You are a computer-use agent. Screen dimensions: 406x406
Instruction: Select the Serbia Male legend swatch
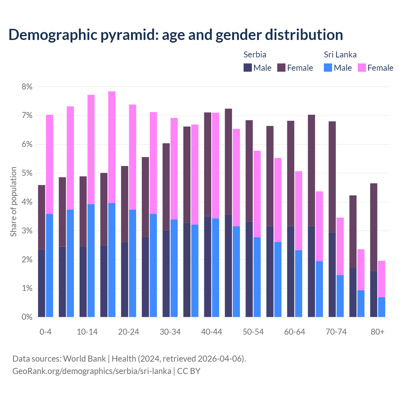248,68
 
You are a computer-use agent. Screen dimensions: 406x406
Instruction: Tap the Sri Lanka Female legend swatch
362,68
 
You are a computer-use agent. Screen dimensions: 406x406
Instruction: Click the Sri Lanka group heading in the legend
340,55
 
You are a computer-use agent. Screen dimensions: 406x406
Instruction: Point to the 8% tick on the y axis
27,87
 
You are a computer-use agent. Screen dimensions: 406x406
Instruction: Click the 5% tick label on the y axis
27,173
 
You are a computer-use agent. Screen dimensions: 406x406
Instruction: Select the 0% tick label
27,317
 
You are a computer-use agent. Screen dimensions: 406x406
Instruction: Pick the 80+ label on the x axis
377,332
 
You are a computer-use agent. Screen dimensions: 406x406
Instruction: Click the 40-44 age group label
212,332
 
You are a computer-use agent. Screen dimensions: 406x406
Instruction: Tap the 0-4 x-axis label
45,332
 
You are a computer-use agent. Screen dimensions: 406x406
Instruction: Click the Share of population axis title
13,202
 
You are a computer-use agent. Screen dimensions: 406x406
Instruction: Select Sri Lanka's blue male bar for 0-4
49,265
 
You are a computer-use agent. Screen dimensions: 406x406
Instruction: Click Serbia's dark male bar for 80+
374,294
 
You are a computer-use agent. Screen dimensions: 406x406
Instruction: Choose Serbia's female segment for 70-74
332,177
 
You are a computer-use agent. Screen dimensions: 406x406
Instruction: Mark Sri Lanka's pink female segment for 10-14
91,149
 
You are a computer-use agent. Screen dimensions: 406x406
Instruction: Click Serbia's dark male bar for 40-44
208,266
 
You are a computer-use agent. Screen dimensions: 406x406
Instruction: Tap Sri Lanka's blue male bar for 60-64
298,284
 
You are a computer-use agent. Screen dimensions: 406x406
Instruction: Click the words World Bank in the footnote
84,359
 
